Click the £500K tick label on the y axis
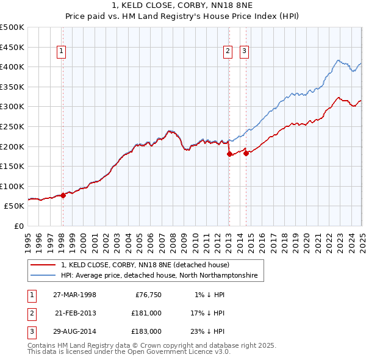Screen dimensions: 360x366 pyautogui.click(x=12, y=27)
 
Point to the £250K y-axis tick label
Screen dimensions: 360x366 pyautogui.click(x=12, y=126)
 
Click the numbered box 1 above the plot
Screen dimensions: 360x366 pyautogui.click(x=63, y=52)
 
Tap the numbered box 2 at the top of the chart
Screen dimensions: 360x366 pyautogui.click(x=228, y=52)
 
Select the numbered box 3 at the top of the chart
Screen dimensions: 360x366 pyautogui.click(x=243, y=52)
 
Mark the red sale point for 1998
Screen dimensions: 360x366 pyautogui.click(x=63, y=195)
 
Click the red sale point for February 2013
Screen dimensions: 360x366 pyautogui.click(x=229, y=154)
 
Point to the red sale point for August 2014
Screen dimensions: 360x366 pyautogui.click(x=246, y=153)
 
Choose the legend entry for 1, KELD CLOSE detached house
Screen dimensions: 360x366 pyautogui.click(x=145, y=265)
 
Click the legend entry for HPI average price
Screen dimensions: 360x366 pyautogui.click(x=159, y=276)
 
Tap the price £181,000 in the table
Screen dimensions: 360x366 pyautogui.click(x=146, y=313)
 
